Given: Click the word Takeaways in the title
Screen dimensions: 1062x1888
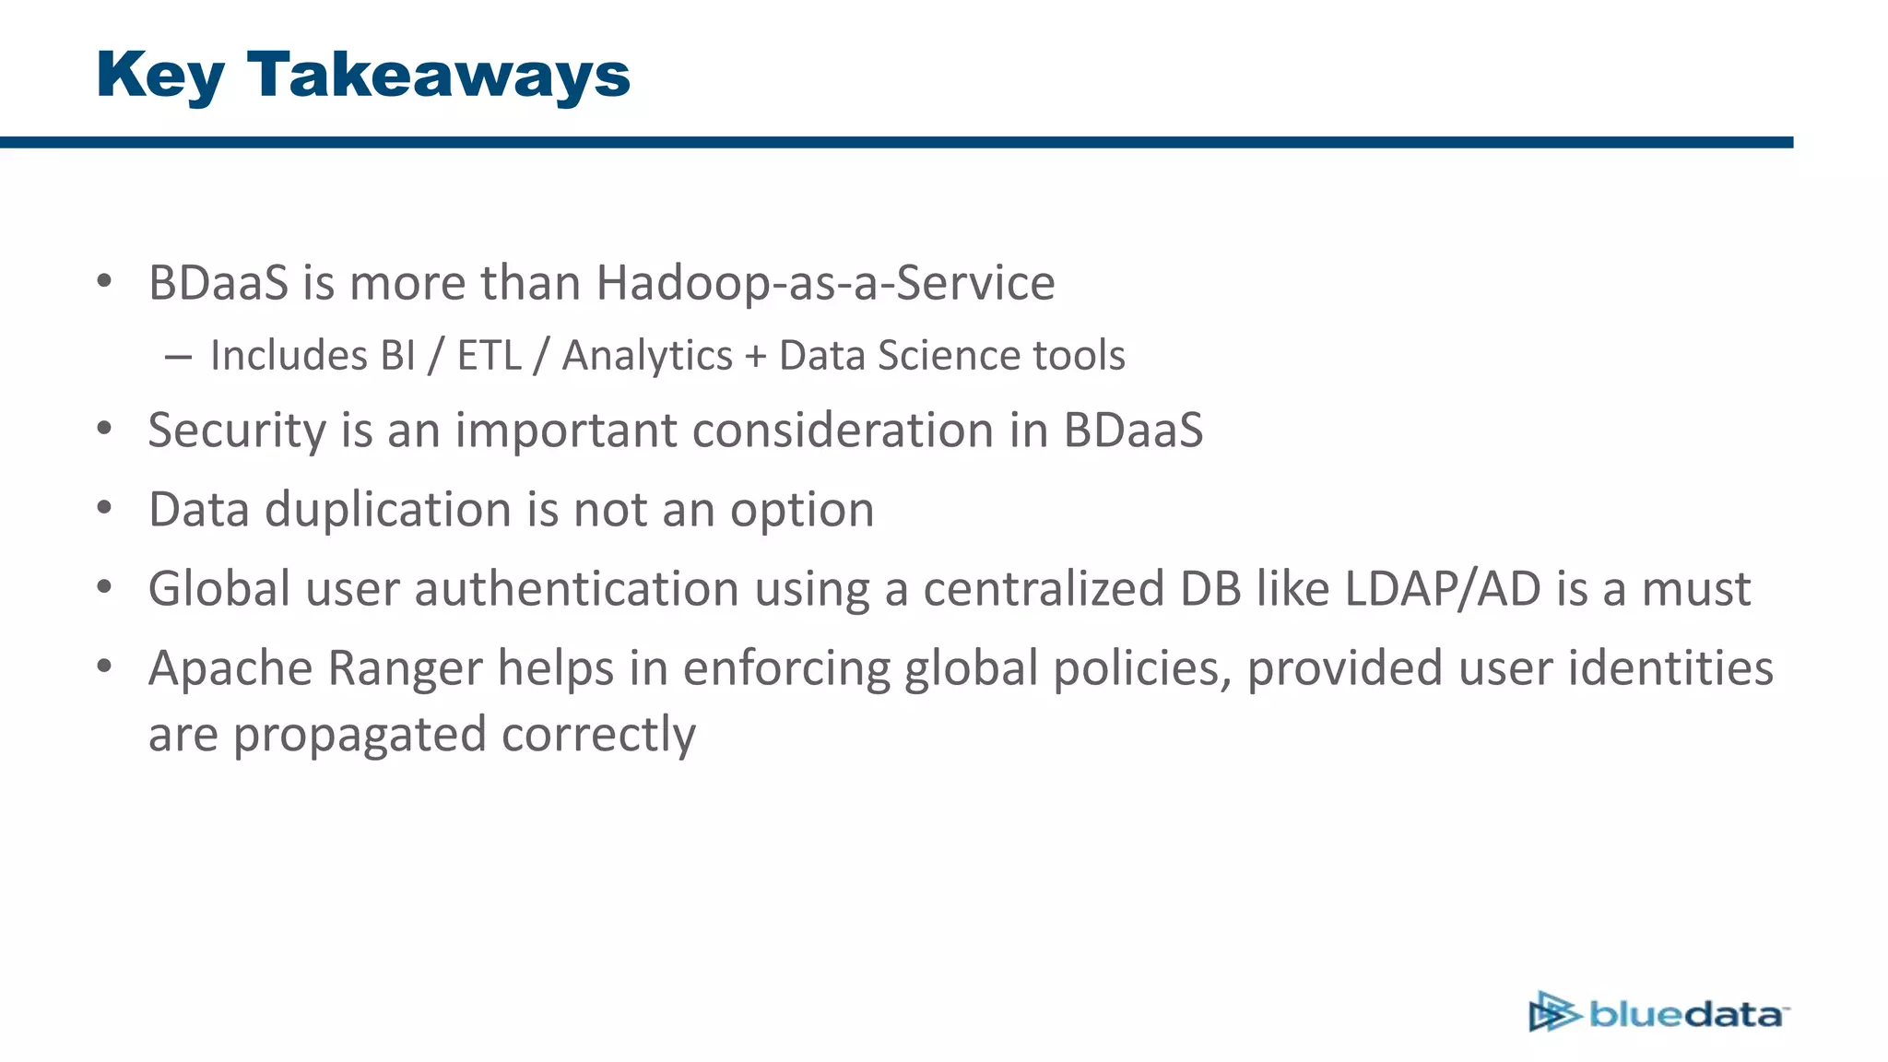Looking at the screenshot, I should (439, 75).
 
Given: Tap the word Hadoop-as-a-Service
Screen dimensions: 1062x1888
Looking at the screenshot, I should (825, 283).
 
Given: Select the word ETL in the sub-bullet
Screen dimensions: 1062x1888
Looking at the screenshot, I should (489, 356).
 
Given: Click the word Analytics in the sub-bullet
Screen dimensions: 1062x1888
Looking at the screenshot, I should (647, 356).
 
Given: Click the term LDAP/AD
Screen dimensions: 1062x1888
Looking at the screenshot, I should (1443, 589).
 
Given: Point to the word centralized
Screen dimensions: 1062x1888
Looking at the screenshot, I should (1044, 589).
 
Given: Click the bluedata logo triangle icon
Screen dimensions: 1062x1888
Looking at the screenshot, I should (1552, 1012).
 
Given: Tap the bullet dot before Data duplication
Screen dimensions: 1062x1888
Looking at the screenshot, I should (104, 508).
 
